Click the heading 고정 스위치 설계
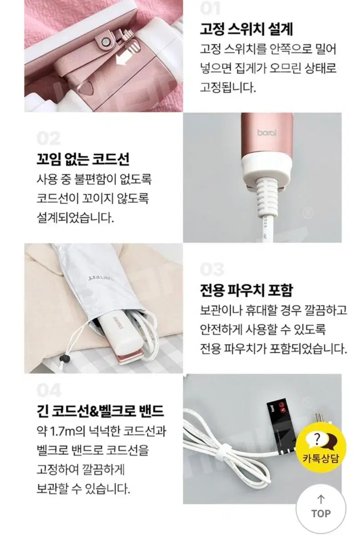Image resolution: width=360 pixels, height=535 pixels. pyautogui.click(x=246, y=29)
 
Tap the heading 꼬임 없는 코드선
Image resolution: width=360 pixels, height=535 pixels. pyautogui.click(x=83, y=159)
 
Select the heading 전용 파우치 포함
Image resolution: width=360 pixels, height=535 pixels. pyautogui.click(x=246, y=290)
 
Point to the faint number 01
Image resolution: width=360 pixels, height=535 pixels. pyautogui.click(x=210, y=8)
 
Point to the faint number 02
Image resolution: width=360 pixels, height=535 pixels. pyautogui.click(x=49, y=139)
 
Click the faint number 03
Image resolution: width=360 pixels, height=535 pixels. pyautogui.click(x=212, y=269)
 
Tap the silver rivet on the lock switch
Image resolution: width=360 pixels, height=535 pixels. pyautogui.click(x=105, y=42)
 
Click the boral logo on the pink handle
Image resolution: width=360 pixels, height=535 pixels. pyautogui.click(x=266, y=132)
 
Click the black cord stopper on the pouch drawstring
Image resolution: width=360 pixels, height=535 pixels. pyautogui.click(x=64, y=358)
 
